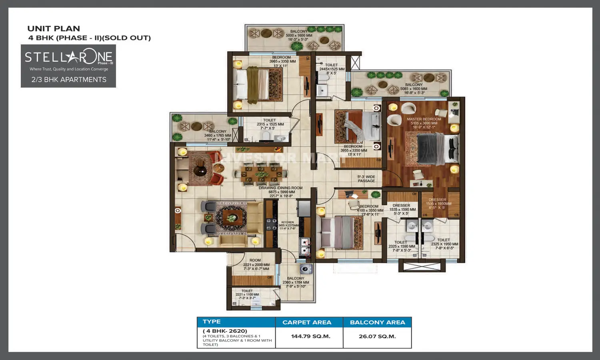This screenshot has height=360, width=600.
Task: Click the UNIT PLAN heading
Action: coord(54,29)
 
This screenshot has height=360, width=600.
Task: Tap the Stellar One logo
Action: coord(68,57)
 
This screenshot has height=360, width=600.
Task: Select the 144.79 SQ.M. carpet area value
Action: coord(310,336)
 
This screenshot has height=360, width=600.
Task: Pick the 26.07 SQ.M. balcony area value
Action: coord(377,336)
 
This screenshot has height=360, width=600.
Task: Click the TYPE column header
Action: coord(212,322)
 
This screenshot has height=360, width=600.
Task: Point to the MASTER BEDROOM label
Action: coord(424,119)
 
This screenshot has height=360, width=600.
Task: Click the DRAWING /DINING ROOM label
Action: coord(280,188)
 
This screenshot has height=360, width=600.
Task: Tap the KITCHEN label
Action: coord(287,222)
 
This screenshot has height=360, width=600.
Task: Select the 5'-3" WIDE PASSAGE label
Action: coord(366,179)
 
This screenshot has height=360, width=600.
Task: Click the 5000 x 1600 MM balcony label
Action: coord(299,36)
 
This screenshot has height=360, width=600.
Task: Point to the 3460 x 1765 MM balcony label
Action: coord(218,136)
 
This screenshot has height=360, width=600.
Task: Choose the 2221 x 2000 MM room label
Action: coord(256,264)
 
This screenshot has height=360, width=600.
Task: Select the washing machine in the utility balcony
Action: coord(306,269)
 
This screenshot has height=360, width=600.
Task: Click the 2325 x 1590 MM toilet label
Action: coord(402,246)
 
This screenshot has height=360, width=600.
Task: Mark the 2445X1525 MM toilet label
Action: coord(332,69)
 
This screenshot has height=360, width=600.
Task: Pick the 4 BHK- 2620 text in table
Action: coord(225,331)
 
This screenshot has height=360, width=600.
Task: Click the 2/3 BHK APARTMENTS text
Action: coord(69,80)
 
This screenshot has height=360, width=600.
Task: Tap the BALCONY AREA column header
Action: coord(377,322)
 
